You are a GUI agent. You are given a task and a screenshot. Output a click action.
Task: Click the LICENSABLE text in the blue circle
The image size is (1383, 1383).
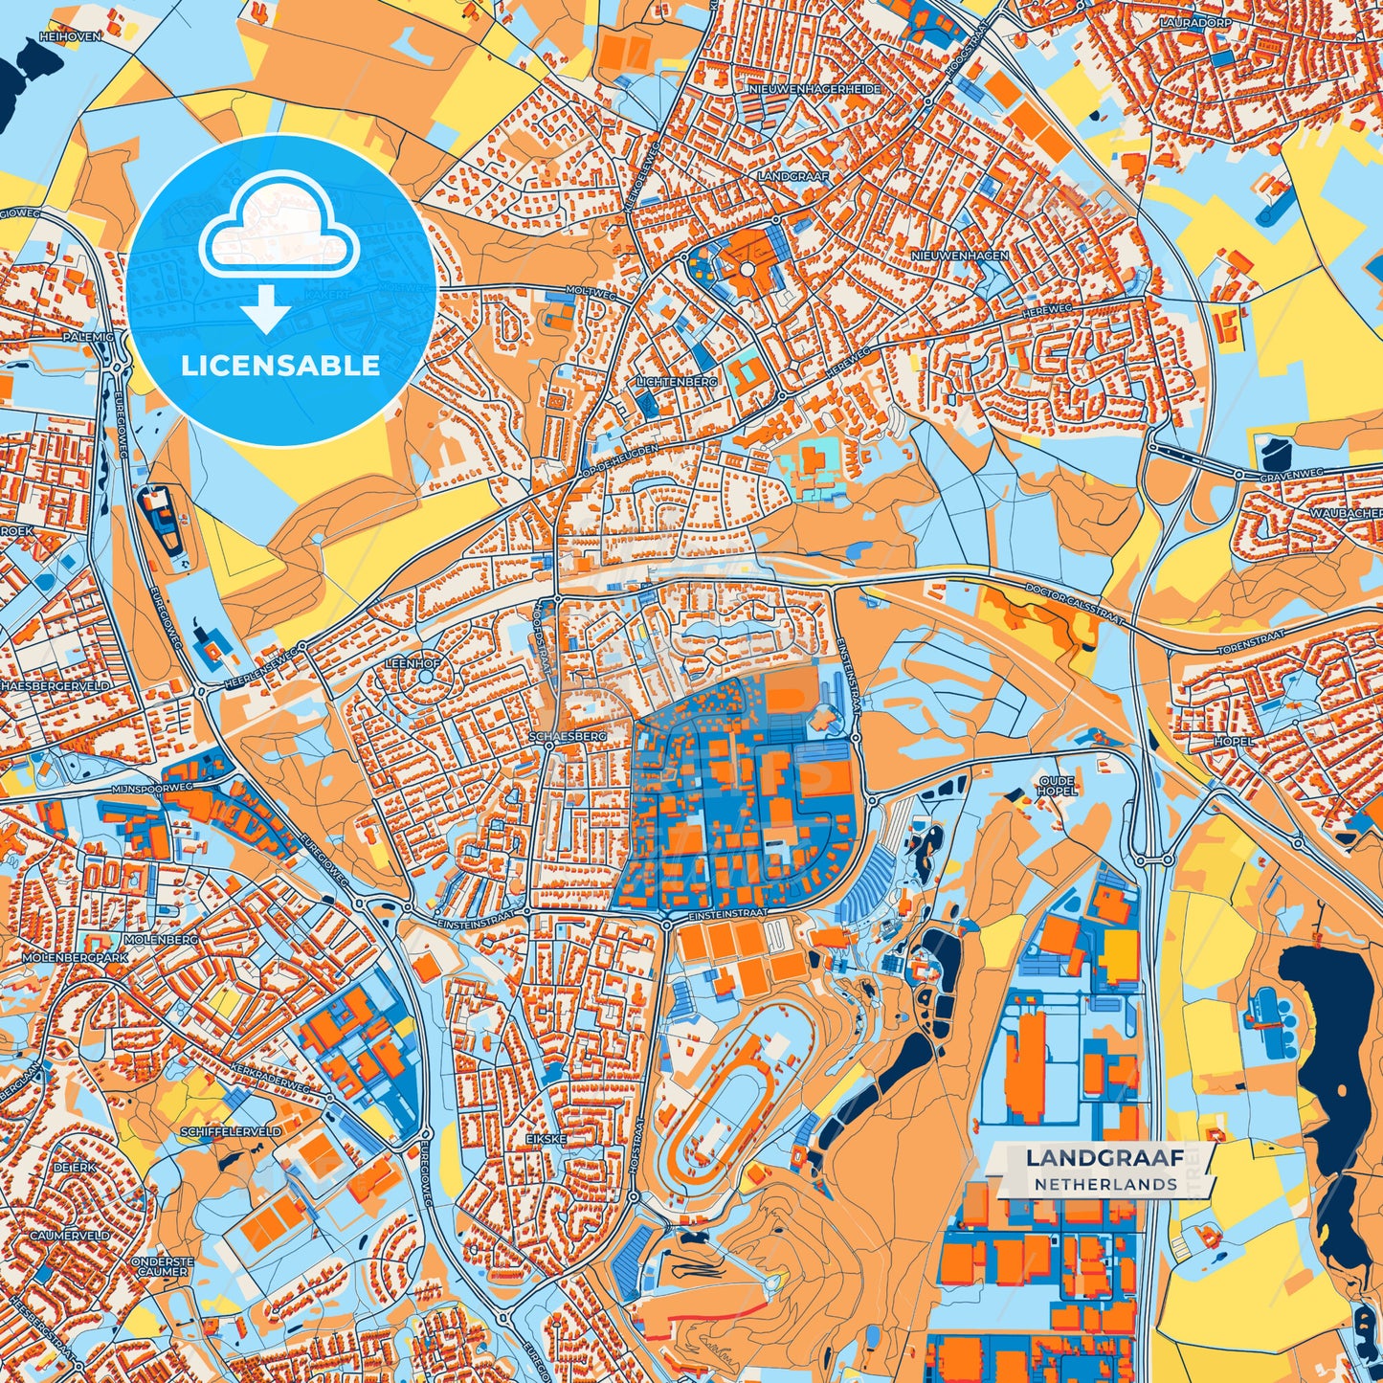[280, 366]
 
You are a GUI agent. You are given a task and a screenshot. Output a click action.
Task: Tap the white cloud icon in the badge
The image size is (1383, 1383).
[279, 225]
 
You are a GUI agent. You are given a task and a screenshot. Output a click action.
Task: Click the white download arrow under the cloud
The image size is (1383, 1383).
[266, 310]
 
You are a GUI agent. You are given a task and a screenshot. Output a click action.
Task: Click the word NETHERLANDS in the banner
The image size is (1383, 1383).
[1104, 1184]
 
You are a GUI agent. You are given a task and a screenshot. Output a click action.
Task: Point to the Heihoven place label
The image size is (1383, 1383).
[69, 36]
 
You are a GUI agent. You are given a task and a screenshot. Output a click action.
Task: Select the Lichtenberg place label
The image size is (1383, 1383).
[677, 381]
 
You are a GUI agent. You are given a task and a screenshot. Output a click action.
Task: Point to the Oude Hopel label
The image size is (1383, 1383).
[1057, 786]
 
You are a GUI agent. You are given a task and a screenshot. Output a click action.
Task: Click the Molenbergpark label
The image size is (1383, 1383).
[75, 957]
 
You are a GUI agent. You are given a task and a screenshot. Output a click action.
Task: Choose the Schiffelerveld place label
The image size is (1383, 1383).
[231, 1130]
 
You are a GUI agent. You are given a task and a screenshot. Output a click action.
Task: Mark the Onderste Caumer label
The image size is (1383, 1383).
[163, 1266]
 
